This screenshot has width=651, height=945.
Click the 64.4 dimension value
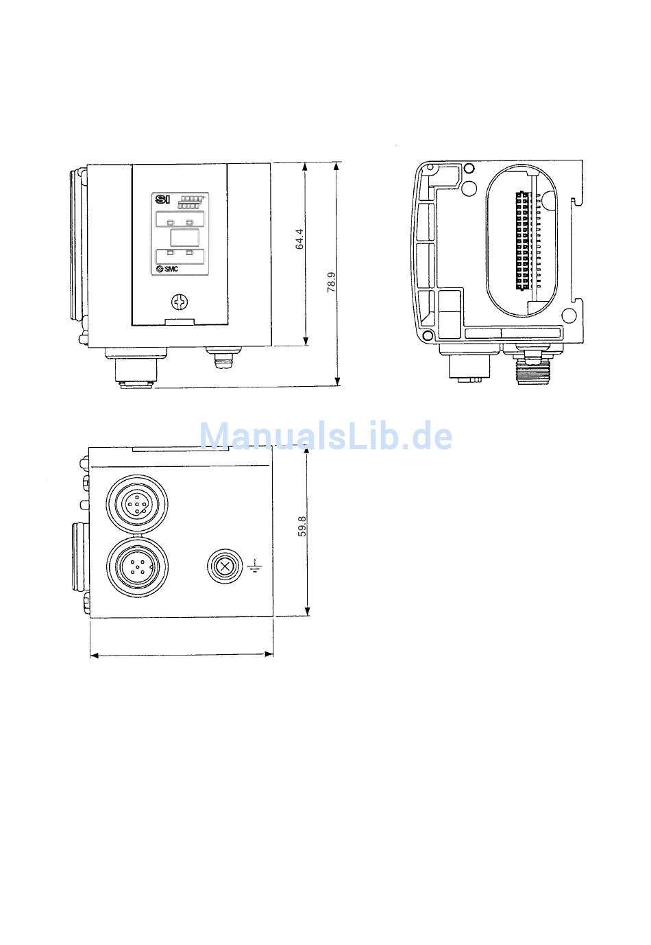coord(299,239)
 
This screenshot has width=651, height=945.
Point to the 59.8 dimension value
coord(302,526)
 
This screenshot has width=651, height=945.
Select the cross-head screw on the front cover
coord(180,302)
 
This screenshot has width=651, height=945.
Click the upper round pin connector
coord(137,503)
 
